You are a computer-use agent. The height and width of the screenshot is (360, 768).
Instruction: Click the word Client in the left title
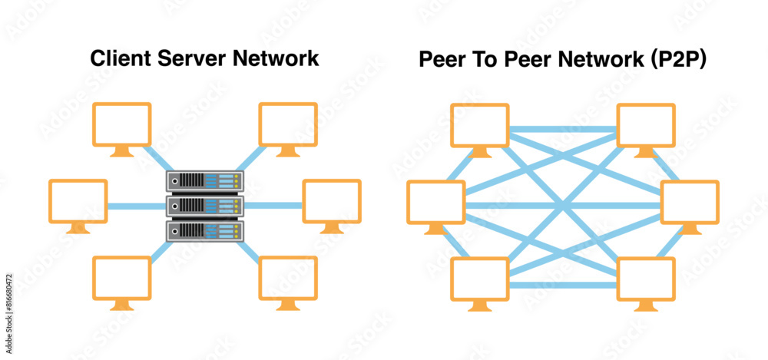[x=115, y=58]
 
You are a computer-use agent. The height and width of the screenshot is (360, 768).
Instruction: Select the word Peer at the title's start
[x=441, y=61]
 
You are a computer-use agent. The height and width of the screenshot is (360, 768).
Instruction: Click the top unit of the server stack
[x=205, y=181]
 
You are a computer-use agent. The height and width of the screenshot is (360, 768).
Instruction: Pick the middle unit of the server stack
[x=205, y=205]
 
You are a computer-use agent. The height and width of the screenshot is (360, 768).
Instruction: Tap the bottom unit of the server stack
[x=205, y=230]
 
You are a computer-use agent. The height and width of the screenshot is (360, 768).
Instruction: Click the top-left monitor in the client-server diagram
[x=122, y=125]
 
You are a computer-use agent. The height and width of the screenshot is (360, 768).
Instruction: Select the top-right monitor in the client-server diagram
[x=288, y=125]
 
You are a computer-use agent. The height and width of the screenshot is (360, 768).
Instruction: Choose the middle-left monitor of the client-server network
[x=78, y=203]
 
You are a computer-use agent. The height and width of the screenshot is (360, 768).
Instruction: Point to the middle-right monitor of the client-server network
[x=332, y=203]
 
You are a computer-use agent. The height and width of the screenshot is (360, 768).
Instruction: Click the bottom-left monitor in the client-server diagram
[x=122, y=279]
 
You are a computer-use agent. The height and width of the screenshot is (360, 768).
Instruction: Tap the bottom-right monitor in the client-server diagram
[x=288, y=279]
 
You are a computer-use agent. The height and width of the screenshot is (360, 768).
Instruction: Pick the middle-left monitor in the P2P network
[x=435, y=203]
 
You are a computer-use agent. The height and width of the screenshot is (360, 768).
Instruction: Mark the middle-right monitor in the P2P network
[x=690, y=203]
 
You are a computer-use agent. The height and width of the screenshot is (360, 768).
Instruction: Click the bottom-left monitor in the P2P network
[x=480, y=280]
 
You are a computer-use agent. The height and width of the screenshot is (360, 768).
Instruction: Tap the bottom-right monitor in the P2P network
[x=647, y=280]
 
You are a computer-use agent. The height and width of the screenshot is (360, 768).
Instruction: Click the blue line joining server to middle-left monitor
[x=137, y=206]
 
